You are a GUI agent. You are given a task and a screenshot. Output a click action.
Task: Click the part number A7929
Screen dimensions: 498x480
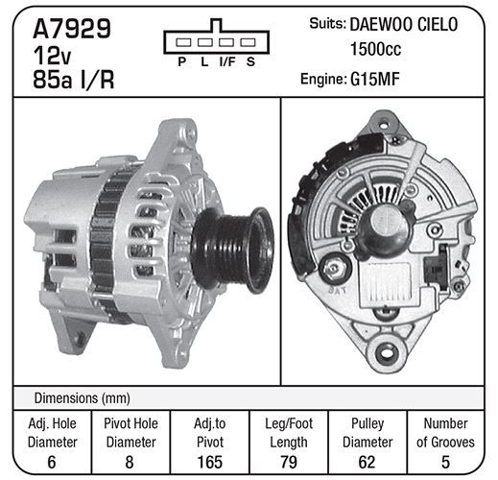(x=72, y=29)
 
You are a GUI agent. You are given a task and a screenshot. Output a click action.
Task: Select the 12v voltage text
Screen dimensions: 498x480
(x=52, y=56)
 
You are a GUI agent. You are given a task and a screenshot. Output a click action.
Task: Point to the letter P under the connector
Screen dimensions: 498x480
(x=182, y=61)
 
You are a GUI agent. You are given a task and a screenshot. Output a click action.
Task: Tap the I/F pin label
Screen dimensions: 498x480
(x=227, y=61)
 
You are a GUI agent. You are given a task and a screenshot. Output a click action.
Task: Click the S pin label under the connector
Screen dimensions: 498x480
(x=250, y=61)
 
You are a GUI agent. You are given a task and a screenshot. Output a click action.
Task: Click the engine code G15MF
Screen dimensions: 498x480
(x=375, y=79)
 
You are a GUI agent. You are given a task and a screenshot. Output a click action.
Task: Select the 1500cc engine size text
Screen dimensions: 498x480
(x=375, y=49)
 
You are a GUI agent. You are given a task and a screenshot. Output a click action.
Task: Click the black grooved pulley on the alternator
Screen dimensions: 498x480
(x=232, y=250)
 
